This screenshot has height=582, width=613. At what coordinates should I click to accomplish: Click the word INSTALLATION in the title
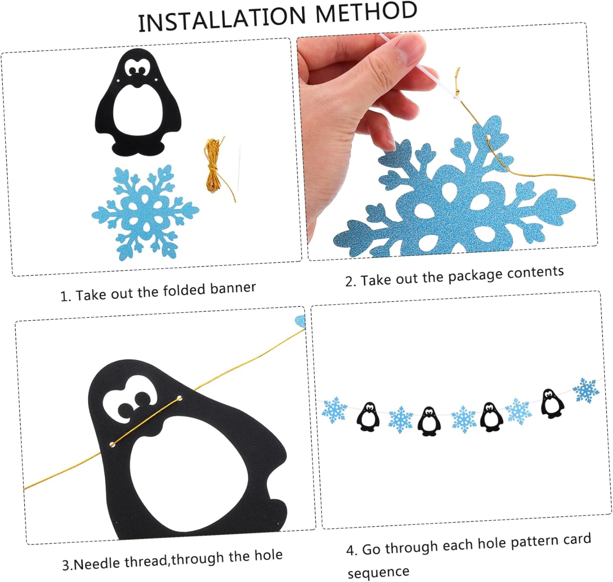tap(221, 19)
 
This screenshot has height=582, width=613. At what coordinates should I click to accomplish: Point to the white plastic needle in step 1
tap(239, 168)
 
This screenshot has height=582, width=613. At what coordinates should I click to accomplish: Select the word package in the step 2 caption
tap(476, 276)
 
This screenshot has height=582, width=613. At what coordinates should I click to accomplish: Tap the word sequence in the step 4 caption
tap(378, 572)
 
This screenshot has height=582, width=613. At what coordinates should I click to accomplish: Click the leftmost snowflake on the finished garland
tap(334, 410)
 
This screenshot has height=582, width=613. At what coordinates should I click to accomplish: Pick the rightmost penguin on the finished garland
tap(552, 404)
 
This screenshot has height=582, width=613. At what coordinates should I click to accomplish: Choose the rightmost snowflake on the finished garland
tap(586, 390)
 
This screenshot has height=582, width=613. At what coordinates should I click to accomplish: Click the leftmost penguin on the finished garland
tap(368, 417)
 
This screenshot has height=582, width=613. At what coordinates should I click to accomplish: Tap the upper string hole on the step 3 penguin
tap(179, 398)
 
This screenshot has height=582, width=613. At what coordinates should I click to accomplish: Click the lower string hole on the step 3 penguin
tap(112, 444)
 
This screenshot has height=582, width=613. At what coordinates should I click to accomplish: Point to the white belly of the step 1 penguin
tap(138, 111)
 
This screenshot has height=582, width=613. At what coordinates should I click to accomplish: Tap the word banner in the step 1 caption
tap(233, 288)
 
